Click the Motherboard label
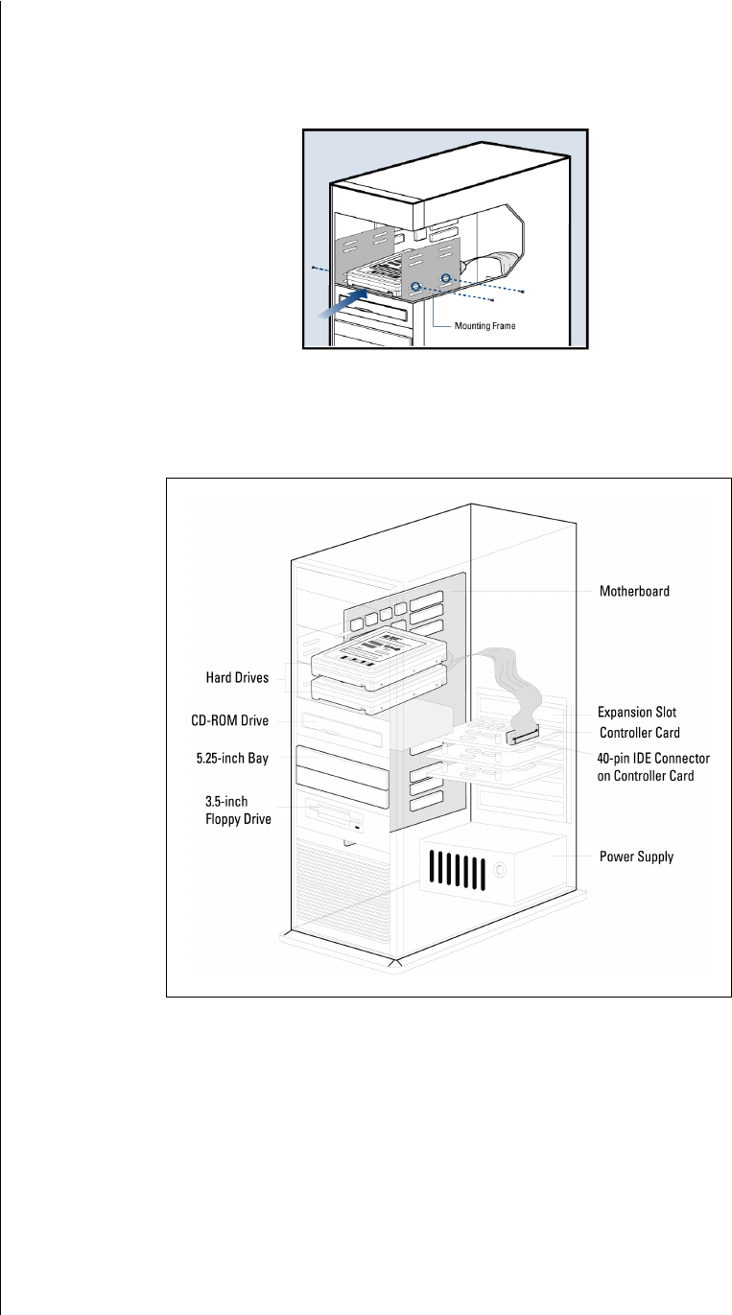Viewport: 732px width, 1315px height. point(633,592)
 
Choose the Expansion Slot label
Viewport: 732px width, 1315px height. point(637,714)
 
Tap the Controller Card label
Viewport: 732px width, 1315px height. point(639,733)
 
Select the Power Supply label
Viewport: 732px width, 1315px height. point(637,857)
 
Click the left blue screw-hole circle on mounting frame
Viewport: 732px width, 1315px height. point(415,286)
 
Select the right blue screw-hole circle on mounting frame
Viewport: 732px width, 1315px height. point(445,279)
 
